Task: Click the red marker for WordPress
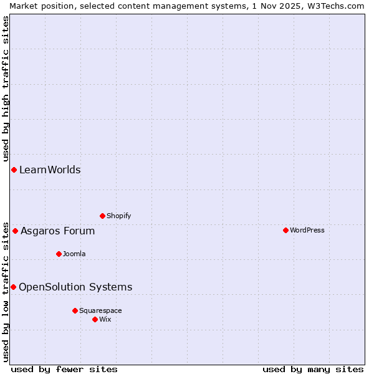click(x=285, y=230)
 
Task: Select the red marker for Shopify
click(x=102, y=216)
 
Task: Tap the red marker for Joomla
click(x=59, y=254)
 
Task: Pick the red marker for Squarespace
click(x=75, y=310)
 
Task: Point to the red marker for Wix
click(x=95, y=319)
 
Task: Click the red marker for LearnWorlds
click(x=14, y=170)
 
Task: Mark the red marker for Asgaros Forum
click(x=15, y=231)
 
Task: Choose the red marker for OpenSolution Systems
click(x=13, y=287)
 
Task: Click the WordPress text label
click(x=307, y=230)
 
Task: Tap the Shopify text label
click(x=118, y=216)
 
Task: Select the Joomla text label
click(x=74, y=254)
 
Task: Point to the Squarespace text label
click(x=100, y=310)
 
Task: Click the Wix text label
click(x=105, y=319)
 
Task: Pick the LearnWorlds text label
click(x=50, y=170)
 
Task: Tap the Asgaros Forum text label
click(x=58, y=231)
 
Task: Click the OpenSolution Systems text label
click(x=75, y=287)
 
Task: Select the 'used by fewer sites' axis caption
click(x=64, y=369)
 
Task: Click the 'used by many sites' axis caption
click(x=313, y=369)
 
